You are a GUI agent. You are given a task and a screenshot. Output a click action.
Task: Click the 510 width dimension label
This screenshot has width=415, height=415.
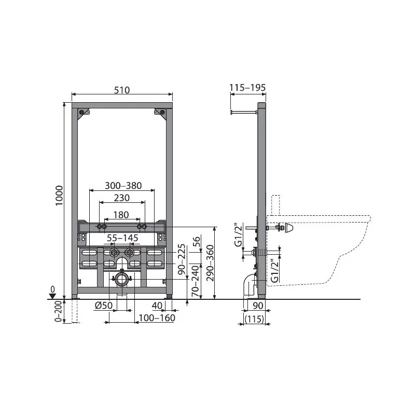tap(122, 90)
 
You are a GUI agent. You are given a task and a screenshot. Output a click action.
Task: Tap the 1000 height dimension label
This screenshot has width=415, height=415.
tap(59, 196)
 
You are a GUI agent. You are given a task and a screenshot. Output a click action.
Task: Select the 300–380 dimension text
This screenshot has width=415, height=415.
tap(123, 186)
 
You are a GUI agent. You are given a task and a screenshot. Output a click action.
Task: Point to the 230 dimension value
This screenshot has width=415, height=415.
tap(122, 198)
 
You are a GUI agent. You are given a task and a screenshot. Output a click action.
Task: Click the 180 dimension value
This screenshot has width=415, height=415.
tap(121, 215)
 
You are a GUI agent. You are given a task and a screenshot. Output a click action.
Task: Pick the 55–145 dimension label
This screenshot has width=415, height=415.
tap(122, 238)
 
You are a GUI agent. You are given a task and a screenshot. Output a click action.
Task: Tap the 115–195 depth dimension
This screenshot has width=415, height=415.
tap(247, 87)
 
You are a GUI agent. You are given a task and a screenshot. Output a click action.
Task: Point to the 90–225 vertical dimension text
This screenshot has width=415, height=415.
tap(182, 259)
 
